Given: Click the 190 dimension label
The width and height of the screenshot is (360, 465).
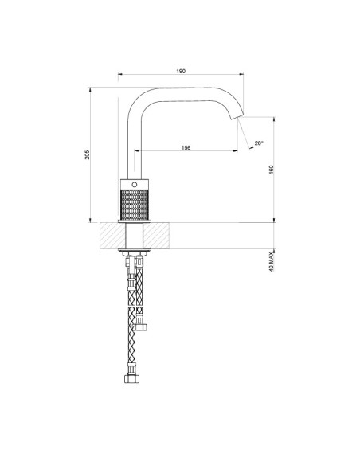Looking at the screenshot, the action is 181,71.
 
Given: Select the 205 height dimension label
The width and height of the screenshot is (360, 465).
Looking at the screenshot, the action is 87,154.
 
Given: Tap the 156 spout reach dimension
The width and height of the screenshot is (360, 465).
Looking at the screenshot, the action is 186,147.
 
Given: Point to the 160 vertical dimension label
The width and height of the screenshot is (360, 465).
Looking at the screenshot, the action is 272,170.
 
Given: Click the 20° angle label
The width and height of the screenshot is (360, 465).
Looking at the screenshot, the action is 259,143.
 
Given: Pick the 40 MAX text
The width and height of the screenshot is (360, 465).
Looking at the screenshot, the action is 272,261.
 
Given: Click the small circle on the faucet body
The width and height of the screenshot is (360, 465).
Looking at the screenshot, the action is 135,185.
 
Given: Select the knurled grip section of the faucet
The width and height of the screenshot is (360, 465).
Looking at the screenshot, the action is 135,205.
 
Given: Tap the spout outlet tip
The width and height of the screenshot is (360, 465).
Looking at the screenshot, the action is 237,116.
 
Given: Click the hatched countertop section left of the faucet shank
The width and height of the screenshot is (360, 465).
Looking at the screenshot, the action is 112,236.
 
